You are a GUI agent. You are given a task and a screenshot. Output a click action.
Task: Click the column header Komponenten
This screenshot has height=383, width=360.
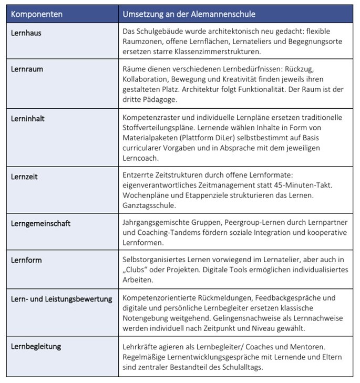36,14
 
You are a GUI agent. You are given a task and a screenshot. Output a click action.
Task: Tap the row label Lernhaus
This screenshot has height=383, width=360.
26,33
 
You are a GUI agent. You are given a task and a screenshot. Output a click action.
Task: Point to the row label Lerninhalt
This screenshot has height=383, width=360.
28,119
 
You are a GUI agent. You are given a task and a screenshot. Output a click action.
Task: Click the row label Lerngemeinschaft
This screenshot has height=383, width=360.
40,224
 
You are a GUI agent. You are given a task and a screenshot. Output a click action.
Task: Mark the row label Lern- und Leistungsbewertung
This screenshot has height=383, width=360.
61,299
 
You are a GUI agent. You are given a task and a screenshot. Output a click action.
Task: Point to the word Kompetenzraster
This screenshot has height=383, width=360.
150,118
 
